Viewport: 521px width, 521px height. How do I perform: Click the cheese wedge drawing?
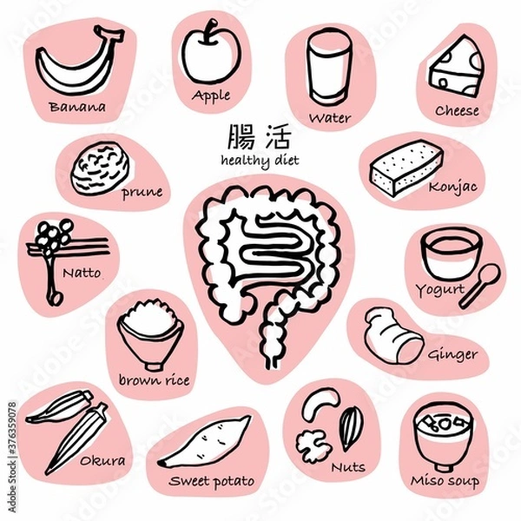pos(455,64)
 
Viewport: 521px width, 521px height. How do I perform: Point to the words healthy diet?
pos(258,162)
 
